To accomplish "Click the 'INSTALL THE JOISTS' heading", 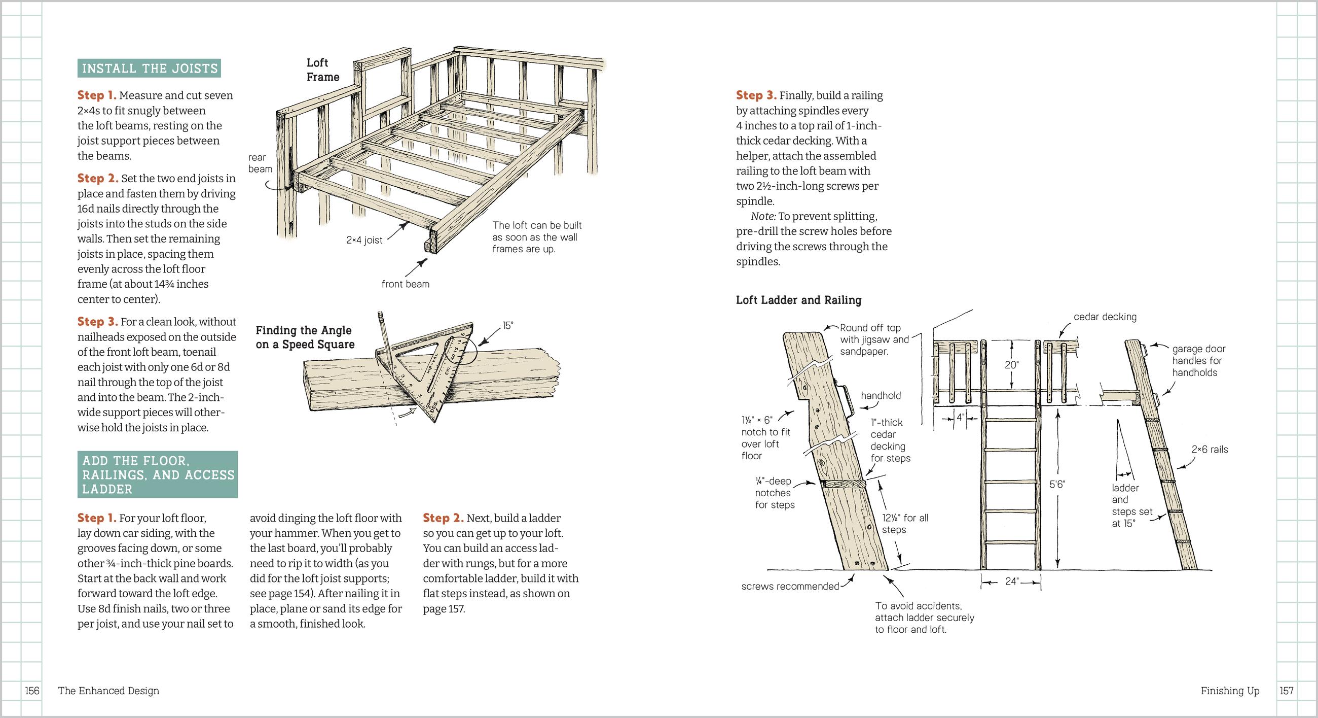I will point(150,68).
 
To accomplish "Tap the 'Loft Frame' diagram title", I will point(322,70).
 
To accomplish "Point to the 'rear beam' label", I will point(260,163).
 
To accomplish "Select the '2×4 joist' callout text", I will point(364,240).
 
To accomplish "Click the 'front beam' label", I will point(405,284).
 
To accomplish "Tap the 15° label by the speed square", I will point(507,325).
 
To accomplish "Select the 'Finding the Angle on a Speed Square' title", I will point(305,337).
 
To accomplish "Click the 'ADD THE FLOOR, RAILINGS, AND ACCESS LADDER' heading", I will point(158,474).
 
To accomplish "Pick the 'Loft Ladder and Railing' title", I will point(798,300).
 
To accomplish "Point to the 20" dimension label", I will point(1011,365).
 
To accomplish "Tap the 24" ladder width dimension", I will point(1011,582).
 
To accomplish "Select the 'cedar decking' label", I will point(1105,317).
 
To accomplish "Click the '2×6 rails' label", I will point(1210,450).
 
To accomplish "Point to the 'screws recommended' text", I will point(790,587).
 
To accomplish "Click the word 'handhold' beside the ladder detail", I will point(881,395).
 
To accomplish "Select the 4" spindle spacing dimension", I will point(960,418).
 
